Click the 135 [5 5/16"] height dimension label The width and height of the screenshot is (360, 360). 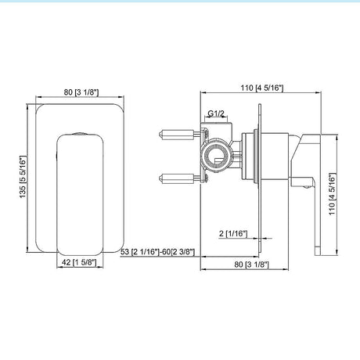pyautogui.click(x=23, y=177)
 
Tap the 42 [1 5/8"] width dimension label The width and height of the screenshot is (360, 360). pyautogui.click(x=79, y=262)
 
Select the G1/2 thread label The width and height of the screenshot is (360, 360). pyautogui.click(x=216, y=113)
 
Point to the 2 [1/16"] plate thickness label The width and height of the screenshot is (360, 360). pyautogui.click(x=233, y=233)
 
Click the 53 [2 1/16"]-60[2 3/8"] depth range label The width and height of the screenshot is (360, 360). pyautogui.click(x=157, y=252)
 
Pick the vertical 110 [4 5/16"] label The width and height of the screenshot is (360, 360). pyautogui.click(x=332, y=193)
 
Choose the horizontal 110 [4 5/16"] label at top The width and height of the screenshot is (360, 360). pyautogui.click(x=261, y=88)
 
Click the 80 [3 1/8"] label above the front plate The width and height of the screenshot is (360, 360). pyautogui.click(x=81, y=92)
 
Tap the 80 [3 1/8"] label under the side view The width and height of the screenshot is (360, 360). pyautogui.click(x=251, y=265)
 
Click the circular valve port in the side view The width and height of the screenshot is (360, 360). pyautogui.click(x=215, y=157)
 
